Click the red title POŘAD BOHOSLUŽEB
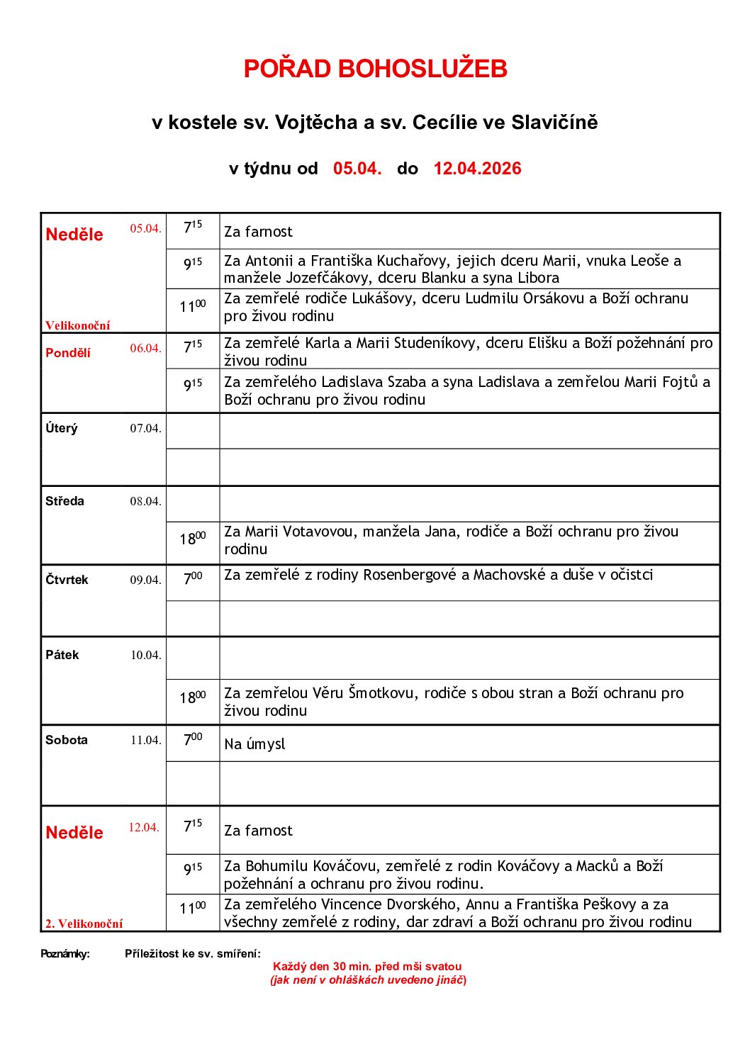(x=375, y=69)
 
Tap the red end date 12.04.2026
(x=477, y=169)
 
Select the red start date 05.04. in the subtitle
(x=357, y=169)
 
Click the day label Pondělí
(x=68, y=353)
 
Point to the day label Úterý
(x=62, y=428)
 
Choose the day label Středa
(x=65, y=501)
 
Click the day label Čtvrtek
(x=67, y=580)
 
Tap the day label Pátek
(x=62, y=655)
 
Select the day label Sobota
(x=67, y=740)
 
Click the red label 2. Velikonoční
(x=84, y=924)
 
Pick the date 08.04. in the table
(x=145, y=502)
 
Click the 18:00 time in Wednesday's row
(x=192, y=539)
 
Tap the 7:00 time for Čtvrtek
(x=192, y=579)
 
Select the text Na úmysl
(x=254, y=744)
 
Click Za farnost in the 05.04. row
(x=258, y=232)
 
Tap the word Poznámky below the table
(x=65, y=954)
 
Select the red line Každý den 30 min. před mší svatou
(x=367, y=967)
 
